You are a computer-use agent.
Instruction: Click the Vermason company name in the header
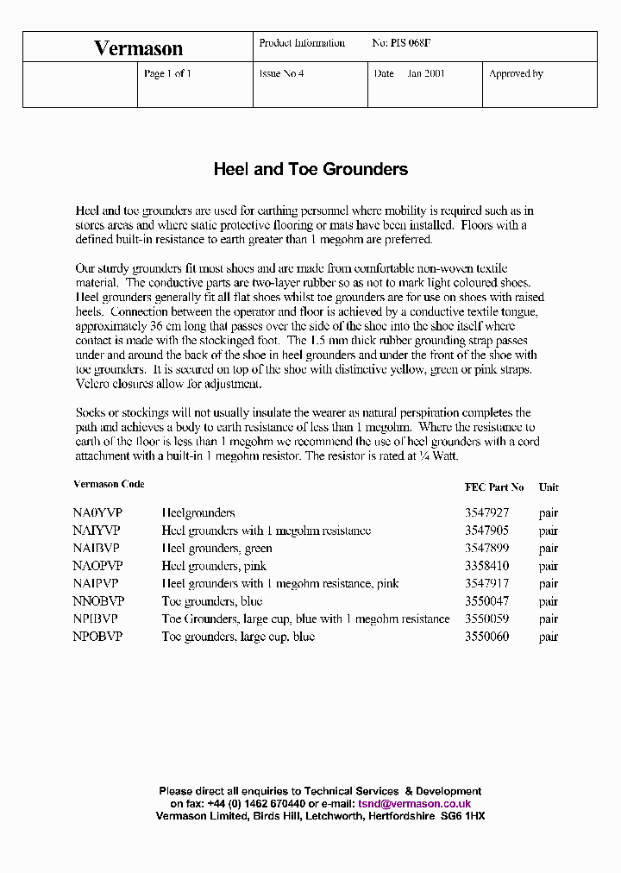(138, 48)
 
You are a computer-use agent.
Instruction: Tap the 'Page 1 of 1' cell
(167, 74)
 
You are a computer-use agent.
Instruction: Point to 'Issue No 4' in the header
(281, 74)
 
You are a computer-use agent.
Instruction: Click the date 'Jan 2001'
(426, 74)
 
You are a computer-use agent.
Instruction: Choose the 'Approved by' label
(516, 74)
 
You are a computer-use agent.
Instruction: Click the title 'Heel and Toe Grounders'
(310, 169)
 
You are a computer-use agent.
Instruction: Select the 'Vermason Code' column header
(109, 485)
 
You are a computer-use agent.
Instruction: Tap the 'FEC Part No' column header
(494, 487)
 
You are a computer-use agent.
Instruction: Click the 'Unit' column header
(549, 487)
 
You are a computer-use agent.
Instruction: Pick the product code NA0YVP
(97, 513)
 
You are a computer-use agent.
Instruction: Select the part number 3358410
(486, 567)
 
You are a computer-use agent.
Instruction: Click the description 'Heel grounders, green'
(216, 549)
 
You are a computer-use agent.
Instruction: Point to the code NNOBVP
(98, 601)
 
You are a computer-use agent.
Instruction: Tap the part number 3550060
(486, 637)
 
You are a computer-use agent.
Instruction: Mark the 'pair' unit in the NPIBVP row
(549, 619)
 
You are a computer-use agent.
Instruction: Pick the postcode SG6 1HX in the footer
(463, 815)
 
